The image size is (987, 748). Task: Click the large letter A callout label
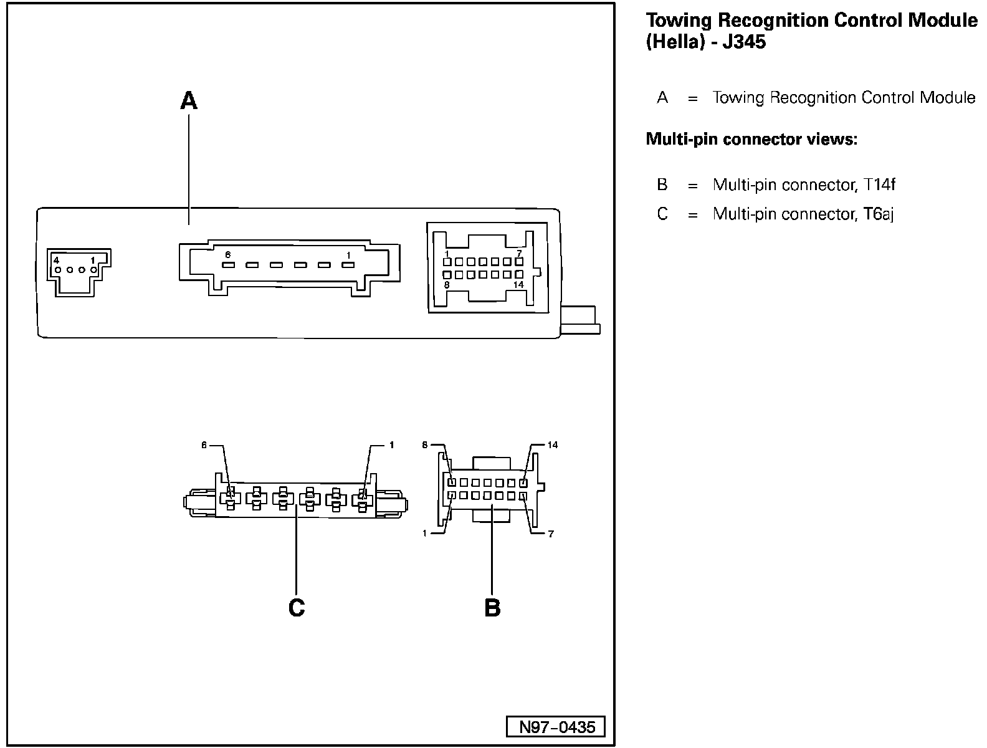coord(188,100)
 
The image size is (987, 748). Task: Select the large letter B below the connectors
coord(492,607)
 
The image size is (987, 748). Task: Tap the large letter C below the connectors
coord(297,607)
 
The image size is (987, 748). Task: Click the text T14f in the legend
coord(879,185)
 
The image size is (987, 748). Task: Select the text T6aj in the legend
coord(879,214)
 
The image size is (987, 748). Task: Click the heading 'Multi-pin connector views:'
coord(751,138)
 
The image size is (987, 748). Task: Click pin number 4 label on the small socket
coord(56,260)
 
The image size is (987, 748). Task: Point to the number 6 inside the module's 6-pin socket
coord(228,254)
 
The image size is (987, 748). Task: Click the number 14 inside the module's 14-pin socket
coord(518,285)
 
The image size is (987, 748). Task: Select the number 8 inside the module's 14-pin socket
coord(447,285)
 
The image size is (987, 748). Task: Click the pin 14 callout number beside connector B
coord(553,445)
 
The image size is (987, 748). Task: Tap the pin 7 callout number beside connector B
coord(551,534)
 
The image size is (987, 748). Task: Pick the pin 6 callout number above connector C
coord(204,445)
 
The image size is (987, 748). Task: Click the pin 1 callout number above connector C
coord(391,445)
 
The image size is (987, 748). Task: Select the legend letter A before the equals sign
coord(662,98)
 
